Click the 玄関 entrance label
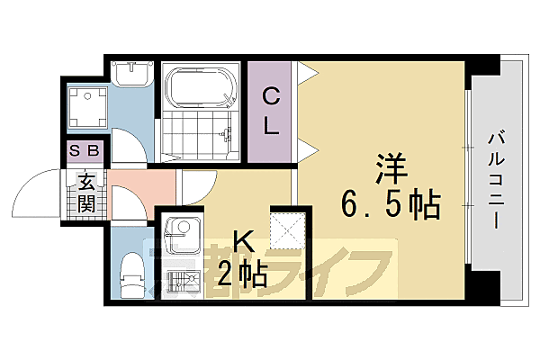(86, 193)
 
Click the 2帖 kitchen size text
(243, 273)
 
